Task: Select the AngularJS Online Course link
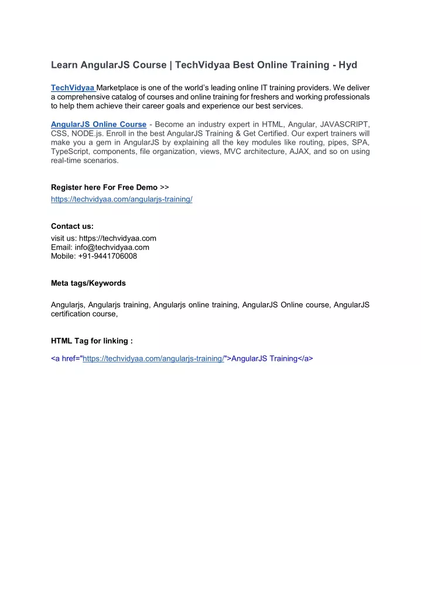pyautogui.click(x=98, y=124)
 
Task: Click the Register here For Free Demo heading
pyautogui.click(x=104, y=187)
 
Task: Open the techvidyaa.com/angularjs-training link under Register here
pyautogui.click(x=122, y=199)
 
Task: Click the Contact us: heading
pyautogui.click(x=72, y=226)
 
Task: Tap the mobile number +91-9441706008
pyautogui.click(x=107, y=256)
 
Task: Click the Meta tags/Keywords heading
pyautogui.click(x=88, y=283)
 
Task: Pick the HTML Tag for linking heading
pyautogui.click(x=91, y=340)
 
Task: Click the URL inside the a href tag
pyautogui.click(x=153, y=358)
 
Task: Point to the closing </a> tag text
pyautogui.click(x=305, y=358)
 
